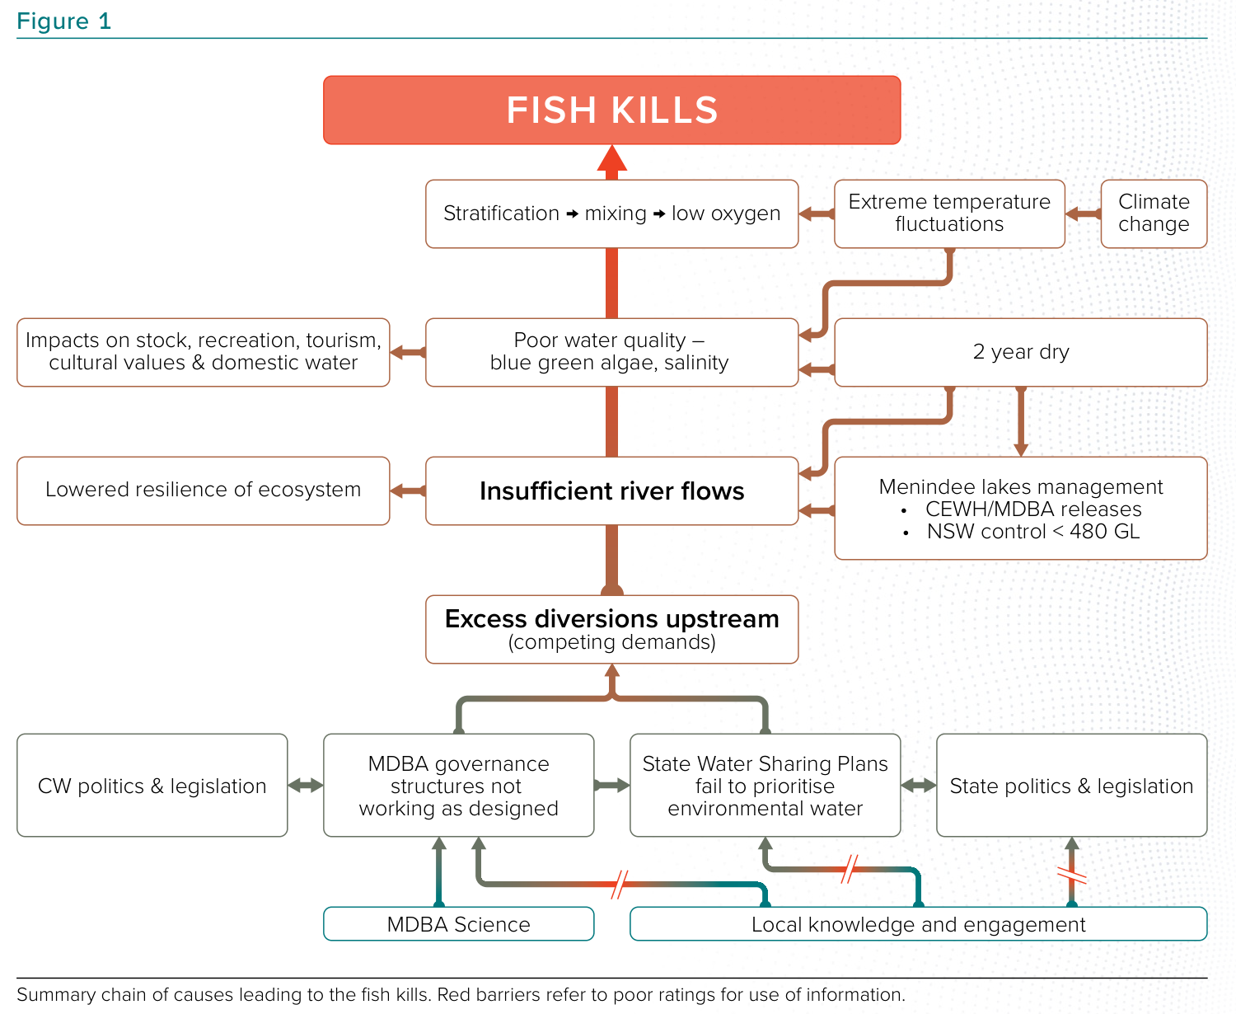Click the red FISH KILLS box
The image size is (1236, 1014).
tap(611, 110)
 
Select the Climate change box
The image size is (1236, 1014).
tap(1154, 214)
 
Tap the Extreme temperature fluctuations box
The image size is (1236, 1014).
tap(949, 214)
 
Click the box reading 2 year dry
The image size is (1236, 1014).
tap(1020, 352)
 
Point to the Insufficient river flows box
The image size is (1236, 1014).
tap(611, 491)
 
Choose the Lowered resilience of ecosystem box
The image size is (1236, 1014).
tap(203, 491)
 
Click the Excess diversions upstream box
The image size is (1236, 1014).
tap(611, 629)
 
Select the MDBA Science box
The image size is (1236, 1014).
tap(458, 924)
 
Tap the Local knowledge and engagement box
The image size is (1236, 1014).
tap(918, 924)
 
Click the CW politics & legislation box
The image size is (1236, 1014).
tap(152, 786)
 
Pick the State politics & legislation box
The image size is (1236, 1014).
tap(1071, 786)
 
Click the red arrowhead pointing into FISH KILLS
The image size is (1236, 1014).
tap(611, 159)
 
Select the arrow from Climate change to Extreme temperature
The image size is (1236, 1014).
tap(1083, 214)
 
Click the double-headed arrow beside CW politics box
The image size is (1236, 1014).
tap(306, 786)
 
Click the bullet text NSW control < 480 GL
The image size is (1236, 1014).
tap(1032, 532)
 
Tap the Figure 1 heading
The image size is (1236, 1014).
tap(63, 21)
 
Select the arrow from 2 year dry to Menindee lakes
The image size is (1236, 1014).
tap(1021, 420)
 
